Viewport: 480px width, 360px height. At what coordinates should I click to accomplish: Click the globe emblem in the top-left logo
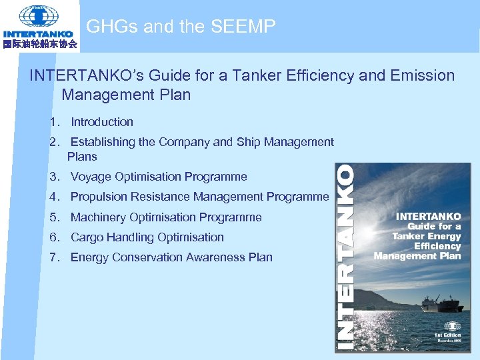tap(39, 15)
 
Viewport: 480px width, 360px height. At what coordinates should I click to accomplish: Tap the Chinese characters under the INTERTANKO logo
tap(40, 45)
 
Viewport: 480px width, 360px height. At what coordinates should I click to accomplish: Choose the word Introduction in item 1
tap(102, 122)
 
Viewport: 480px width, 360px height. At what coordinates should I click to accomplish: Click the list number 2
tap(53, 142)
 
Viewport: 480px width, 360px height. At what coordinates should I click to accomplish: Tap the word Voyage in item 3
tap(91, 177)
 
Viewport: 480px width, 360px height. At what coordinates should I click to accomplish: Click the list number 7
tap(53, 257)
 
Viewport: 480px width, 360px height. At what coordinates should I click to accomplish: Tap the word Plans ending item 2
tap(82, 157)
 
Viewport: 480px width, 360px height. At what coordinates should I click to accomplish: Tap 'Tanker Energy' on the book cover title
tap(427, 236)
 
